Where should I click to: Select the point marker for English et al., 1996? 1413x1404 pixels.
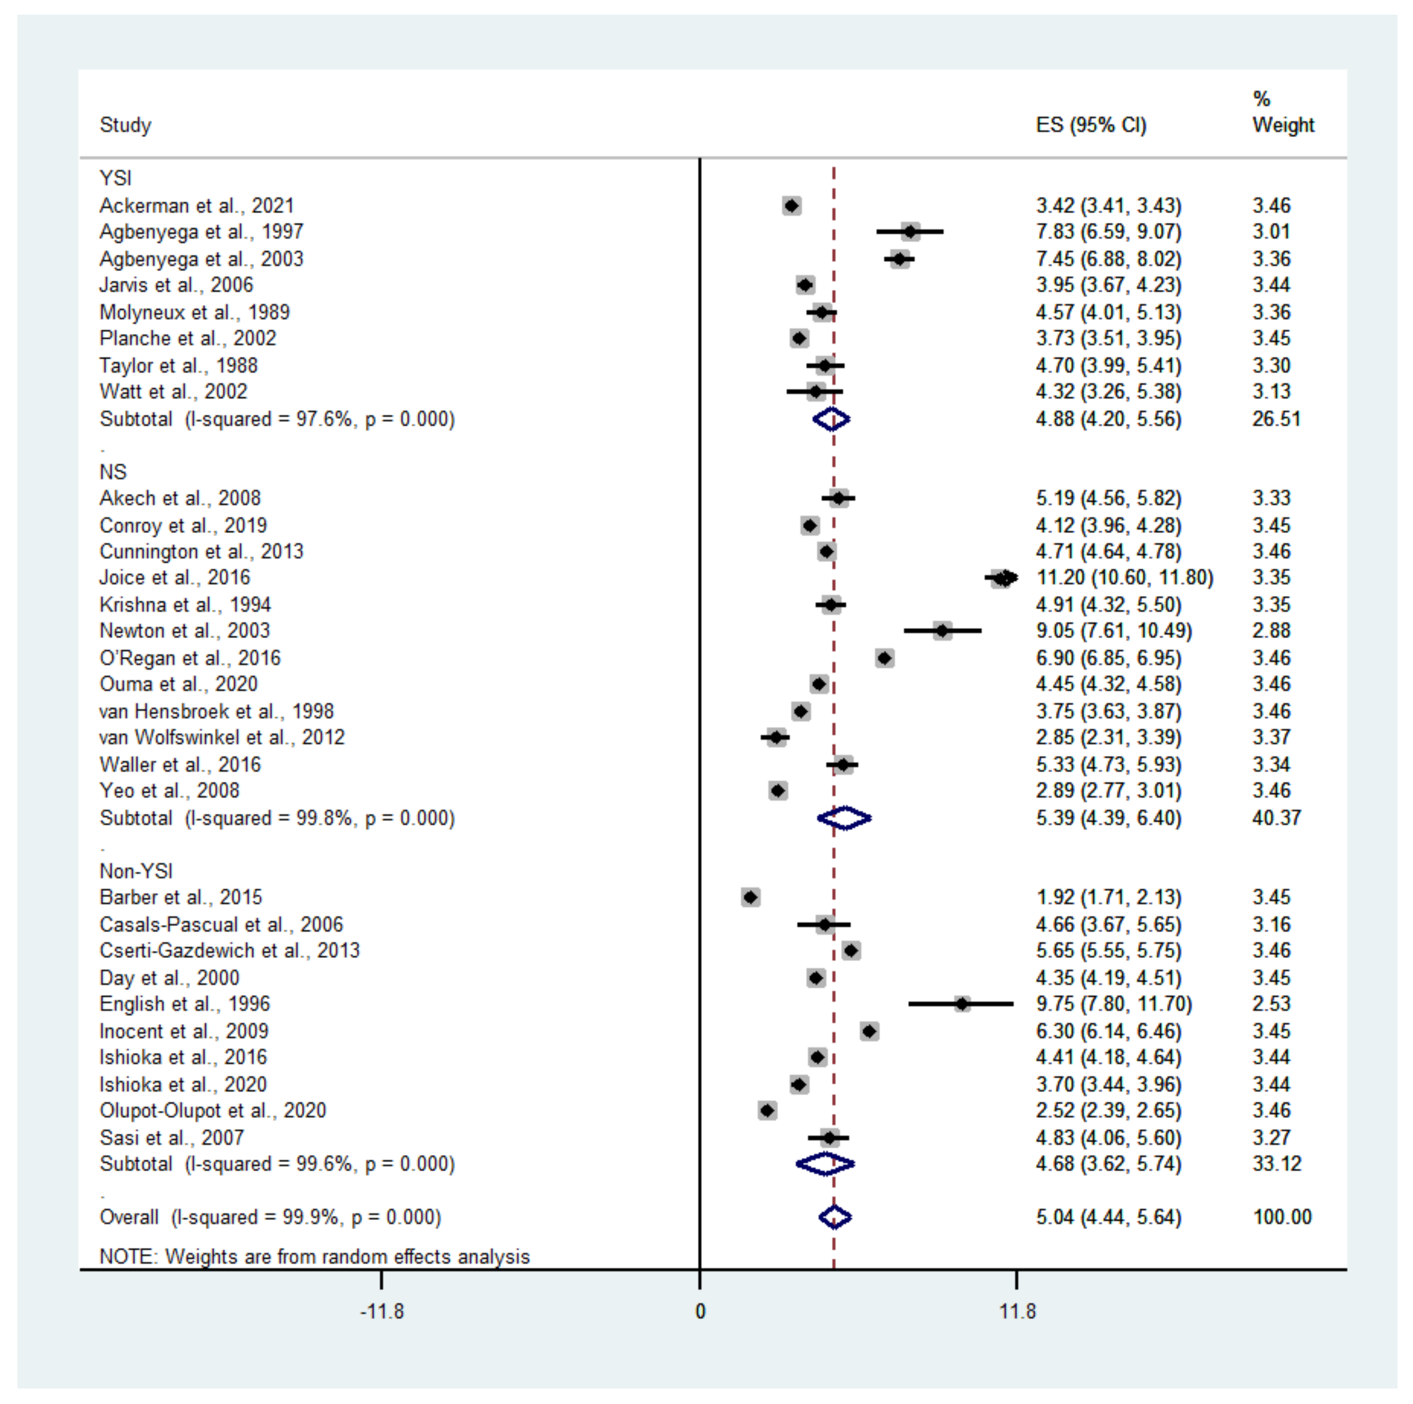(x=963, y=1004)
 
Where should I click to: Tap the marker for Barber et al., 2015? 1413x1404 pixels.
(x=751, y=897)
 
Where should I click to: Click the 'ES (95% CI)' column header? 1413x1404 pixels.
(x=1090, y=125)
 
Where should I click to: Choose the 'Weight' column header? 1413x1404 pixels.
(x=1283, y=125)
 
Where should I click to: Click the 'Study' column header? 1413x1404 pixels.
(x=125, y=125)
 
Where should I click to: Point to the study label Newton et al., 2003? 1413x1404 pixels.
(x=184, y=630)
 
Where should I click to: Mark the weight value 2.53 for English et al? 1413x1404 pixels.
(x=1271, y=1004)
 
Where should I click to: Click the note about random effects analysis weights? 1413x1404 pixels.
(x=314, y=1256)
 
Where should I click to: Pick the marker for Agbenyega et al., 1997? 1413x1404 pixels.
(x=910, y=232)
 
